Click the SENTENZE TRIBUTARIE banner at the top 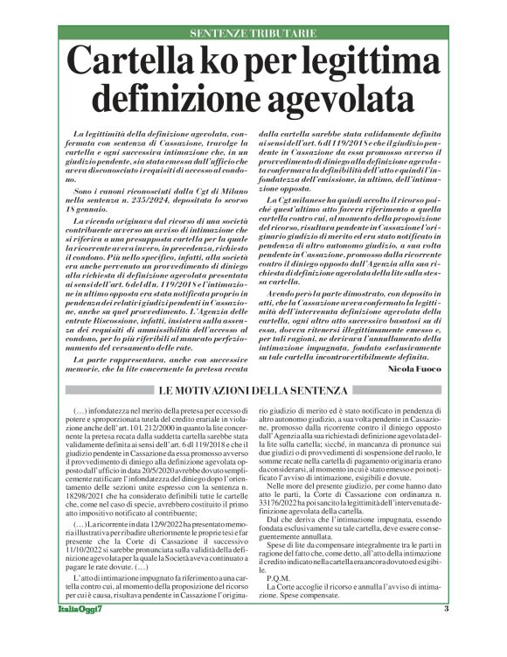click(253, 33)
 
